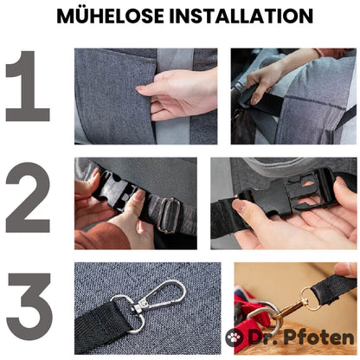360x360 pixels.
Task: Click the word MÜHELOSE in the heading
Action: [x=111, y=16]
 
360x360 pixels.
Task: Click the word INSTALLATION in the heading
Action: [x=241, y=16]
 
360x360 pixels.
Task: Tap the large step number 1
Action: [x=28, y=86]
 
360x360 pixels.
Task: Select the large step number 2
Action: [x=28, y=197]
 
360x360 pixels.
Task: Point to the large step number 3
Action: [x=29, y=307]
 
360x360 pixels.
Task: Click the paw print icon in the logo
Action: [x=235, y=337]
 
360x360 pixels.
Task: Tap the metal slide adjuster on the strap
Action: [x=169, y=215]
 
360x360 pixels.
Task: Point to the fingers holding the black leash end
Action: [x=345, y=270]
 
